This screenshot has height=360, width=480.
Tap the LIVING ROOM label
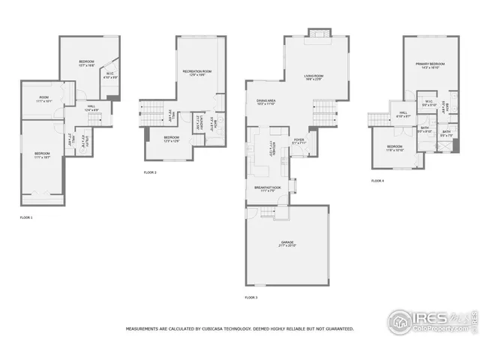tap(313, 76)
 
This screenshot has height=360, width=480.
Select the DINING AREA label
tap(267, 101)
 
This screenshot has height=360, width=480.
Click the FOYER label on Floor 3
tap(298, 139)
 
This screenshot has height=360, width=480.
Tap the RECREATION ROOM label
tap(196, 72)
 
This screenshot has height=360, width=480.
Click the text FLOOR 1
tap(26, 217)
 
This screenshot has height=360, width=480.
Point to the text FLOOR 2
tap(150, 172)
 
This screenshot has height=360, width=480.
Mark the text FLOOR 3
tap(251, 298)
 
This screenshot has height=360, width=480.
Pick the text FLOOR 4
tap(377, 181)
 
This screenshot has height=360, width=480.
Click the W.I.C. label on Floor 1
tap(109, 75)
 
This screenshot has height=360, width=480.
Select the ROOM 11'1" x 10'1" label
tap(44, 98)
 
